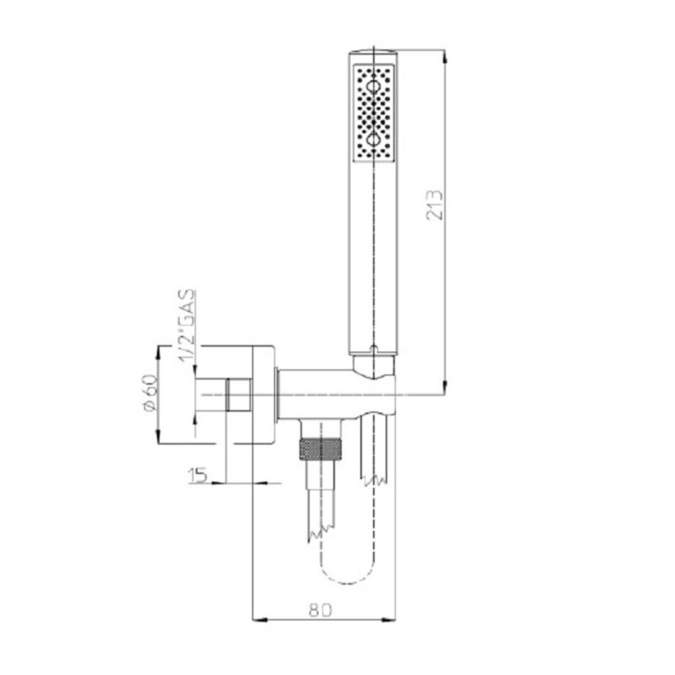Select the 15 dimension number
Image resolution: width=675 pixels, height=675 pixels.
(198, 475)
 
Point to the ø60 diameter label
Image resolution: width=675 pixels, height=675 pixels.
(150, 393)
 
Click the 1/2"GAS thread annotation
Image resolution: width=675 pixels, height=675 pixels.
(188, 327)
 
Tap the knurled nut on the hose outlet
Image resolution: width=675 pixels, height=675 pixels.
(320, 449)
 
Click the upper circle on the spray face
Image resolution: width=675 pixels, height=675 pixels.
(373, 87)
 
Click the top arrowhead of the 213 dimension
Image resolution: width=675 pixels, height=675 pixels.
(445, 58)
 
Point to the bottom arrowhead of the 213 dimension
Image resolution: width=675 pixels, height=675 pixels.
(445, 387)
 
